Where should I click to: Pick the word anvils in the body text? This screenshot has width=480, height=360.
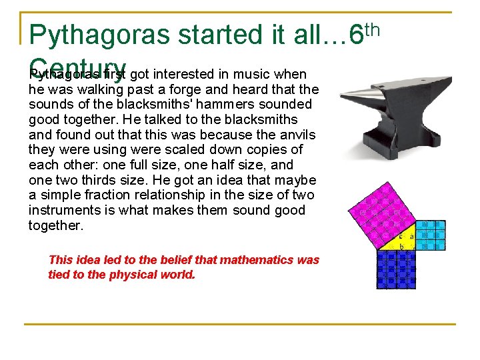(296, 134)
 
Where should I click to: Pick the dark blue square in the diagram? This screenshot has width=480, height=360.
(397, 268)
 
